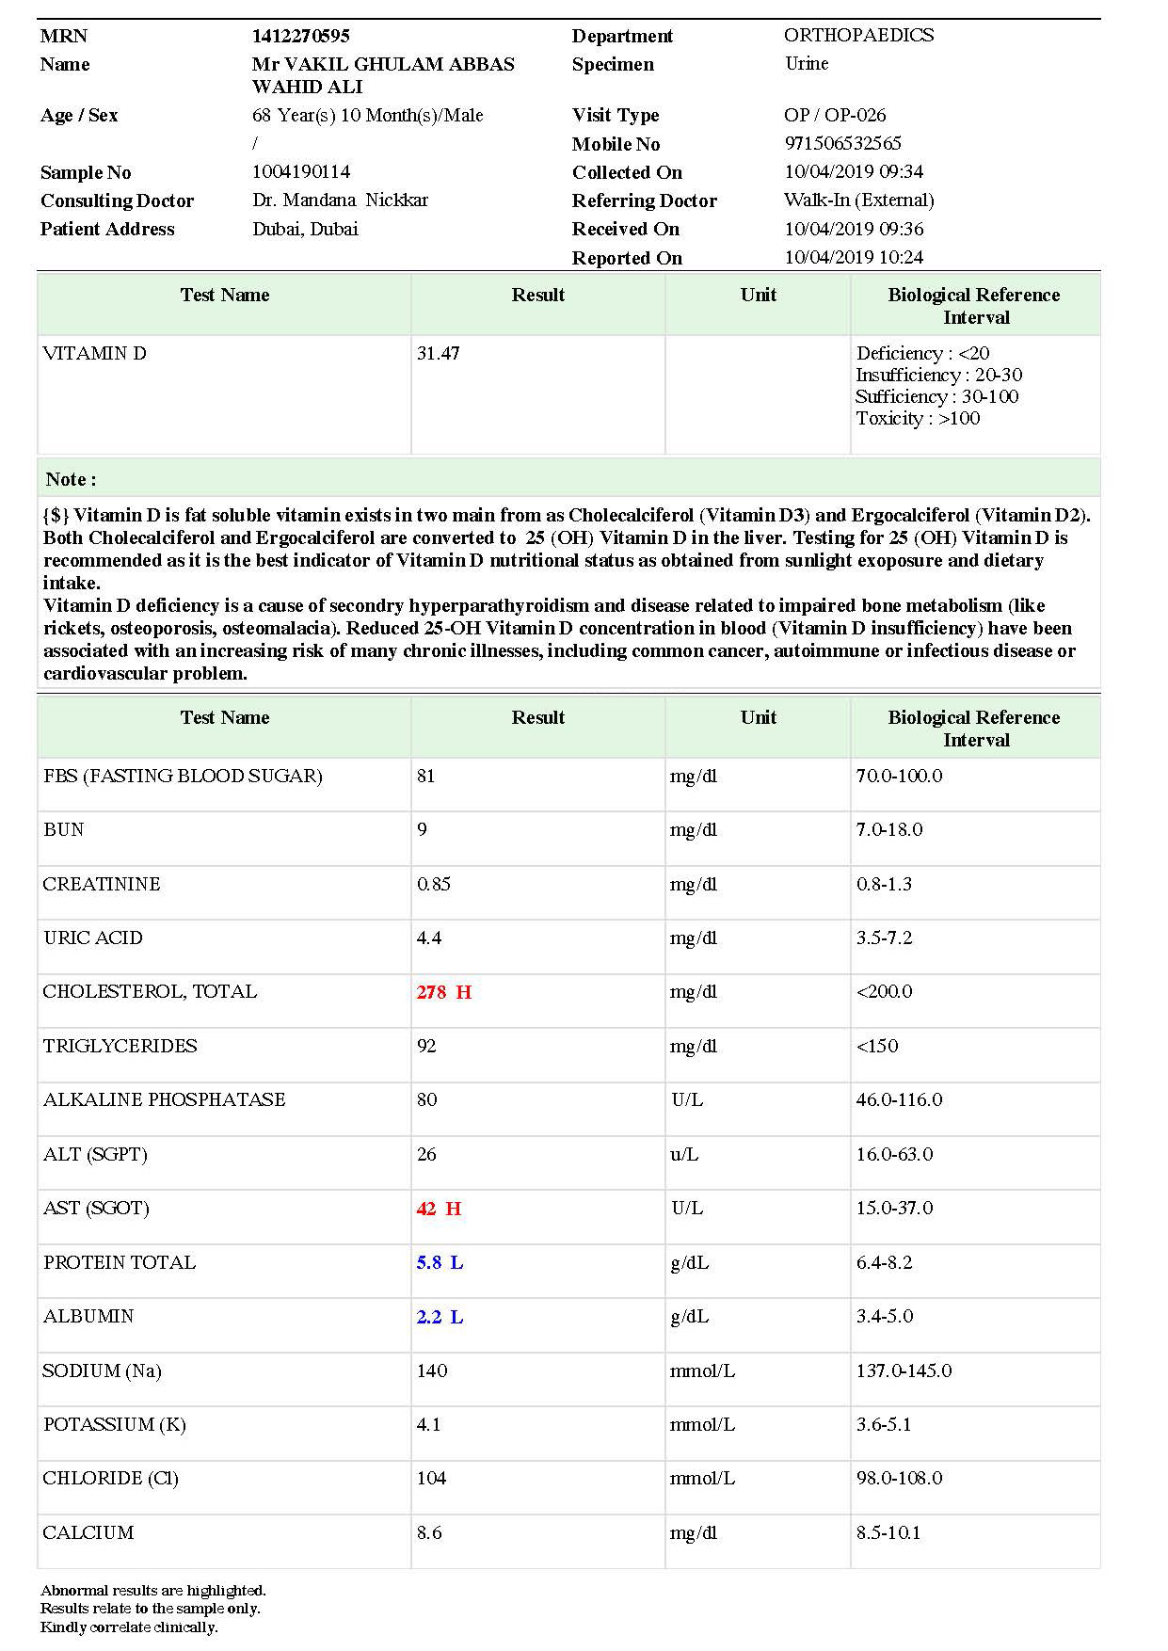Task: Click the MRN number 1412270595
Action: [x=300, y=36]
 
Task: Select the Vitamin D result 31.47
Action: [x=438, y=354]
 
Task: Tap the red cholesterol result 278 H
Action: [x=443, y=992]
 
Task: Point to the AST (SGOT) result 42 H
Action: [x=439, y=1209]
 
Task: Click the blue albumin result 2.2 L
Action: [x=440, y=1317]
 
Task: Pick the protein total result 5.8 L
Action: [x=440, y=1263]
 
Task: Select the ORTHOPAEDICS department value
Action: [x=858, y=36]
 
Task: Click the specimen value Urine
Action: [x=807, y=64]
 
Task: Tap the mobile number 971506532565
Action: [x=842, y=143]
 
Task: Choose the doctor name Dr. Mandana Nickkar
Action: [x=340, y=200]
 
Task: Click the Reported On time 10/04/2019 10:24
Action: [x=854, y=257]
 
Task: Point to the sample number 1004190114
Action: [x=301, y=172]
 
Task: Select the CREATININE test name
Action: [x=102, y=884]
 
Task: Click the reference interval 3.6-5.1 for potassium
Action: [x=883, y=1424]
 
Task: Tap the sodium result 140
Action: [x=432, y=1370]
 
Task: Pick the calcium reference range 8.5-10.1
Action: [x=888, y=1532]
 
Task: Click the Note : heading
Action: [x=71, y=479]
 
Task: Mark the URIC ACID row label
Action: [x=93, y=938]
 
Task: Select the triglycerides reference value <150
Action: [x=876, y=1046]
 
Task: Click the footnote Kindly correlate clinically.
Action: [x=129, y=1627]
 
